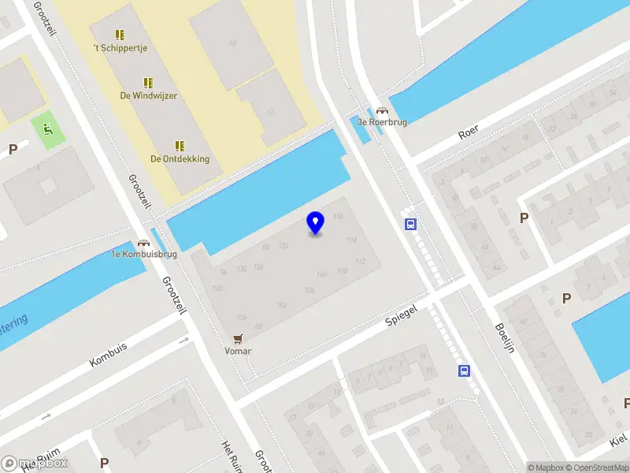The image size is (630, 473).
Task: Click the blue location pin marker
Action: click(316, 222)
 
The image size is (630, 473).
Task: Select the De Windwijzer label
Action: click(148, 95)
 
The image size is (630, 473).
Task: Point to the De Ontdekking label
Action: click(180, 158)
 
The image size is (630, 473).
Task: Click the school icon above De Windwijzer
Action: click(148, 83)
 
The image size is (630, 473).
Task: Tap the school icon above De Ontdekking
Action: click(180, 146)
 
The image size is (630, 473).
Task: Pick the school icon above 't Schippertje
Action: click(120, 35)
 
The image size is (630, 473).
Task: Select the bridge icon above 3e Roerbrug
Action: click(382, 112)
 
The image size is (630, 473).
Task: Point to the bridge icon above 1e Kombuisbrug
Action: click(143, 244)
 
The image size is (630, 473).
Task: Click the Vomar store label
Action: click(238, 351)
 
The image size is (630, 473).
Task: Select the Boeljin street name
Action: click(504, 338)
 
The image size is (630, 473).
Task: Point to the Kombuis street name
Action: click(108, 355)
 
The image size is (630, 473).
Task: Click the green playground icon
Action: click(48, 132)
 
